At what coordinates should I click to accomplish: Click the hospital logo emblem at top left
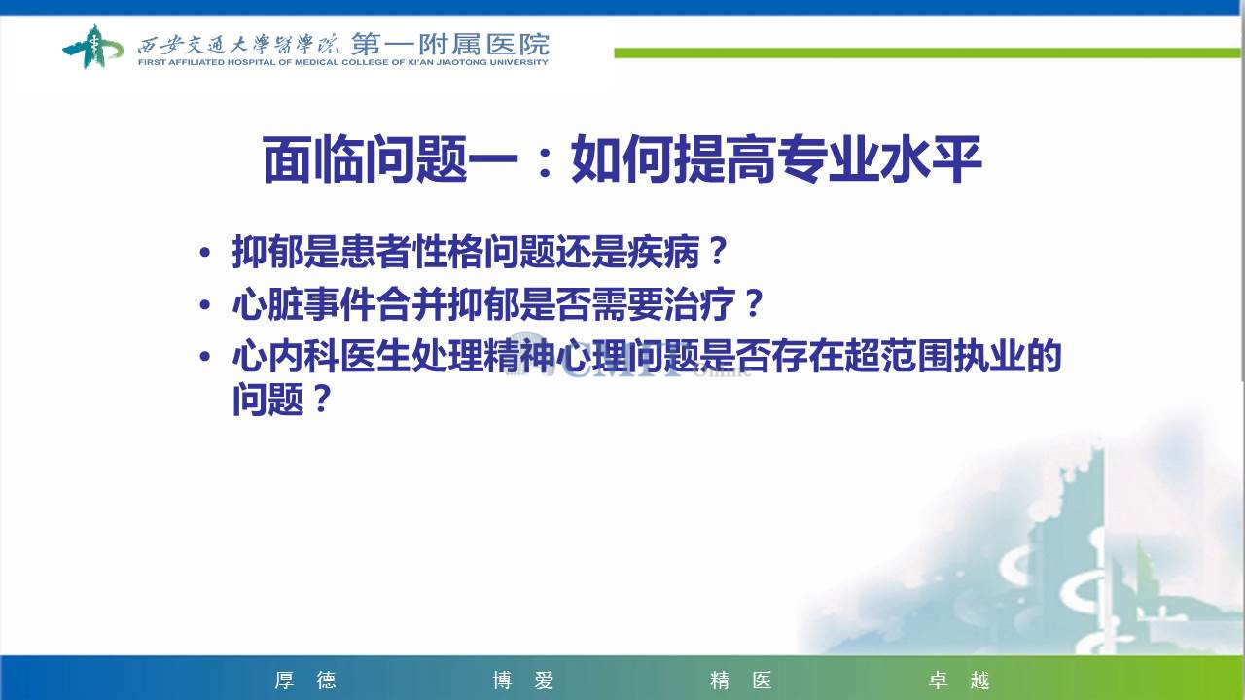pyautogui.click(x=92, y=47)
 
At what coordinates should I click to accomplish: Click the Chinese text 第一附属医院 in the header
pyautogui.click(x=450, y=45)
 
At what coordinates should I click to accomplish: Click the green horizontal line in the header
pyautogui.click(x=927, y=52)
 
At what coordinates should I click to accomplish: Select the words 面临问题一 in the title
pyautogui.click(x=391, y=159)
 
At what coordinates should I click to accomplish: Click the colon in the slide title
pyautogui.click(x=545, y=161)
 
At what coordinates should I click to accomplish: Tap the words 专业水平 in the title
pyautogui.click(x=878, y=159)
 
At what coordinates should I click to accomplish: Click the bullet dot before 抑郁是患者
pyautogui.click(x=205, y=253)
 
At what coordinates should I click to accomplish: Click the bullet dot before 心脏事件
pyautogui.click(x=205, y=305)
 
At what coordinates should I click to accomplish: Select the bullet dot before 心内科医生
pyautogui.click(x=205, y=356)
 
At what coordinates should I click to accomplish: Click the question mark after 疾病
pyautogui.click(x=718, y=252)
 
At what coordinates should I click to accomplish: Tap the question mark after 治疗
pyautogui.click(x=754, y=304)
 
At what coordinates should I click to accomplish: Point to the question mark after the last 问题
pyautogui.click(x=322, y=398)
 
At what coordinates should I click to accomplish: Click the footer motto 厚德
pyautogui.click(x=305, y=680)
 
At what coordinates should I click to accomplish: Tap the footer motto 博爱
pyautogui.click(x=523, y=680)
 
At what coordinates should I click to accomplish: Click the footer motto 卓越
pyautogui.click(x=959, y=680)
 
